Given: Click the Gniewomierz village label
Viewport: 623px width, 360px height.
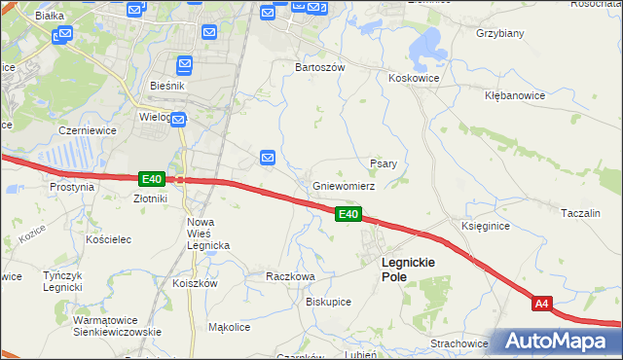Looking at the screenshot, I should coord(344,186).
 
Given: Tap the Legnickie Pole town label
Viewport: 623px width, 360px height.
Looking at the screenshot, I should coord(408,270).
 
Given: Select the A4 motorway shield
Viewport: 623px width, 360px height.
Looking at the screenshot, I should coord(543,305).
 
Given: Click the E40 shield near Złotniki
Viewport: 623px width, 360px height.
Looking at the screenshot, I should coord(151,179).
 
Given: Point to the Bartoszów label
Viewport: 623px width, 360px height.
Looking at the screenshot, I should coord(320,68).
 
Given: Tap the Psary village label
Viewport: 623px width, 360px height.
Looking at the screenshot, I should coord(383,163).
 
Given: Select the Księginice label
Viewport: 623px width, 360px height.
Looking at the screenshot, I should coord(486,226).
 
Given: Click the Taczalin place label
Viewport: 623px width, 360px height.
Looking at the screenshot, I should coord(585,212).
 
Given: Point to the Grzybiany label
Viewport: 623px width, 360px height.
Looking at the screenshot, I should coord(500,33).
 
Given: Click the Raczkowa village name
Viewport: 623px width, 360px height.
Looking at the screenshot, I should coord(291,276).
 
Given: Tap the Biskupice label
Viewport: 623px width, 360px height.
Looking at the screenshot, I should coord(328,302).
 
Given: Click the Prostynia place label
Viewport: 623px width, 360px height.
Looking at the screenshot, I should coord(72,187).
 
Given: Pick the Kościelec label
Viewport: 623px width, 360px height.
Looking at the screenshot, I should coord(109,239).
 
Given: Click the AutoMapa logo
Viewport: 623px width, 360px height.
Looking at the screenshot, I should coord(559,342).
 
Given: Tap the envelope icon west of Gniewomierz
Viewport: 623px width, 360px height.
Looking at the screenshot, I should coord(268,157).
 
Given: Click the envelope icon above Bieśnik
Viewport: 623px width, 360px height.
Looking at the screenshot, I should coord(185,65).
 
